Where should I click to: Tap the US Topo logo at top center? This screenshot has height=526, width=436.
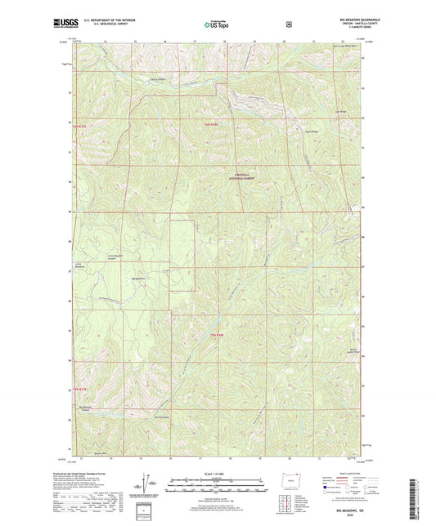[217, 25]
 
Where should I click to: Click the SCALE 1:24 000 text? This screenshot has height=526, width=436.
[218, 474]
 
